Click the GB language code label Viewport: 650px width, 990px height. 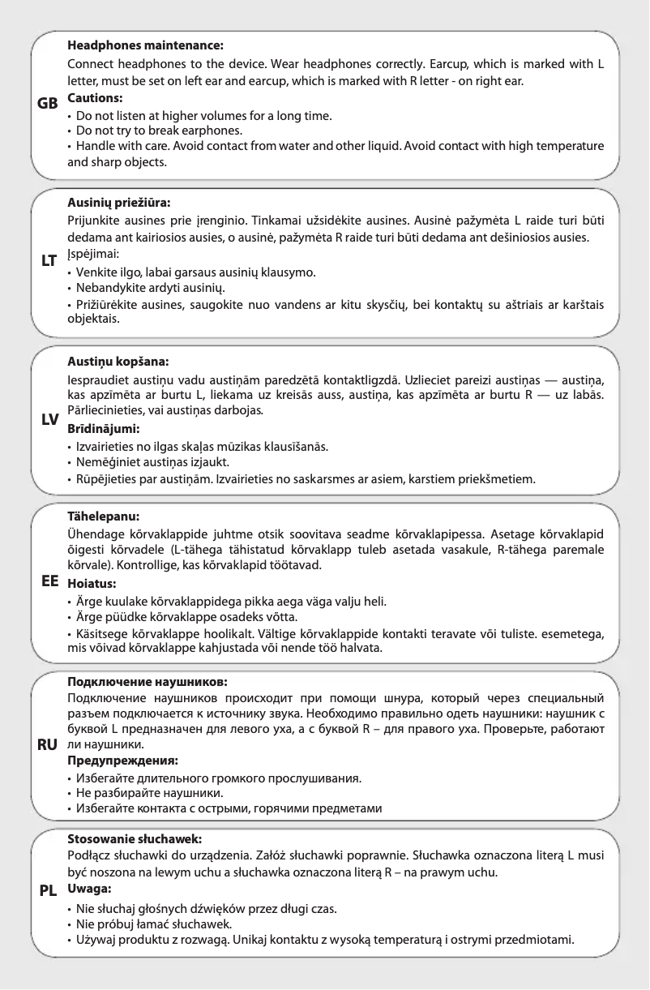click(48, 105)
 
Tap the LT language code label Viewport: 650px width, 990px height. click(48, 261)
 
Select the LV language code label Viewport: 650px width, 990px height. click(49, 419)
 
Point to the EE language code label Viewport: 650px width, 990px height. click(49, 582)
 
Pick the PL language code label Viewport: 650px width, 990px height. click(48, 889)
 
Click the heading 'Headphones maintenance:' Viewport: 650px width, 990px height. click(145, 46)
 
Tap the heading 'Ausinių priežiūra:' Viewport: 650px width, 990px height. click(119, 204)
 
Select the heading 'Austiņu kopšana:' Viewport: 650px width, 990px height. click(118, 361)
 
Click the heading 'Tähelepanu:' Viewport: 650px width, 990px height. click(103, 515)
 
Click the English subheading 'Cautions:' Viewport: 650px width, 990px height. click(95, 97)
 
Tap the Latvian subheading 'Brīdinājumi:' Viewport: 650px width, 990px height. click(104, 428)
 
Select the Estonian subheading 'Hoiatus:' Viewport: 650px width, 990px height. click(92, 583)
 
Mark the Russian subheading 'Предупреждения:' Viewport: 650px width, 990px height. click(122, 761)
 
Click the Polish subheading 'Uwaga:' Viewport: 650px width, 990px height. click(89, 889)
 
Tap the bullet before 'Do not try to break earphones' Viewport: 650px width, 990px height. click(70, 131)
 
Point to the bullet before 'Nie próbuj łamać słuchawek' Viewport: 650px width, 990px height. click(70, 924)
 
